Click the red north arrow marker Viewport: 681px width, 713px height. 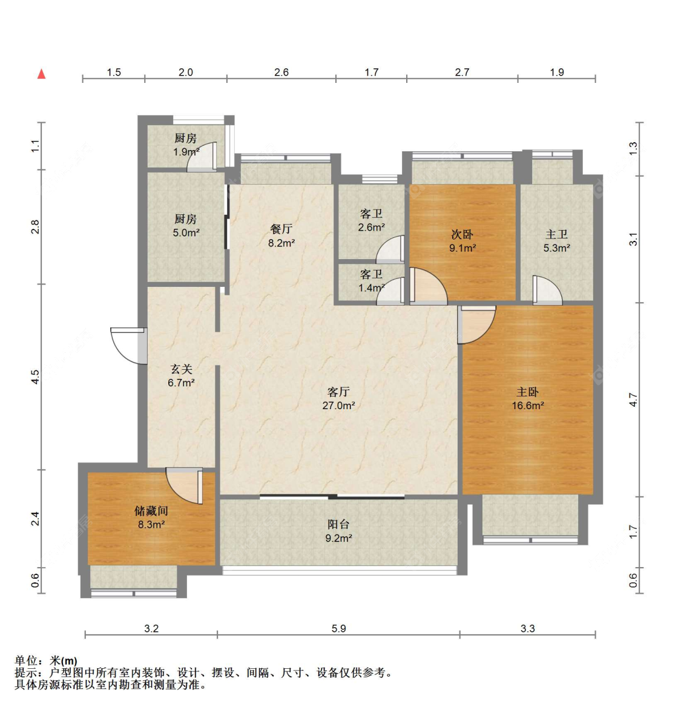41,74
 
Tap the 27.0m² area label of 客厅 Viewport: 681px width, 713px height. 338,406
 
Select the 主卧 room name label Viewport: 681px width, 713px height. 528,392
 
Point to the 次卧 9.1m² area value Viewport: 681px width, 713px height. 462,248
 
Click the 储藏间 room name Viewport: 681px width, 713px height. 151,511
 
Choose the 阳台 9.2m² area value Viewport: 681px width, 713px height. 339,539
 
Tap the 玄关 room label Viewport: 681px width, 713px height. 181,369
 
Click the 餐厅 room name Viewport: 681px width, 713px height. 281,229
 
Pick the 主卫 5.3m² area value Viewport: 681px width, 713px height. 557,248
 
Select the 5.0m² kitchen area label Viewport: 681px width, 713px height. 186,233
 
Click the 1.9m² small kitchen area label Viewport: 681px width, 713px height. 186,152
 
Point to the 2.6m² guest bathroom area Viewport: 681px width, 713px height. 372,228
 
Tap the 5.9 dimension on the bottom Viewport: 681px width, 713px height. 338,628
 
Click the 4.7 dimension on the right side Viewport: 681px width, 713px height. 633,399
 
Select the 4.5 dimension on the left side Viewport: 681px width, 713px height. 36,376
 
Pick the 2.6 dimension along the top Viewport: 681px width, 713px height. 281,72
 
